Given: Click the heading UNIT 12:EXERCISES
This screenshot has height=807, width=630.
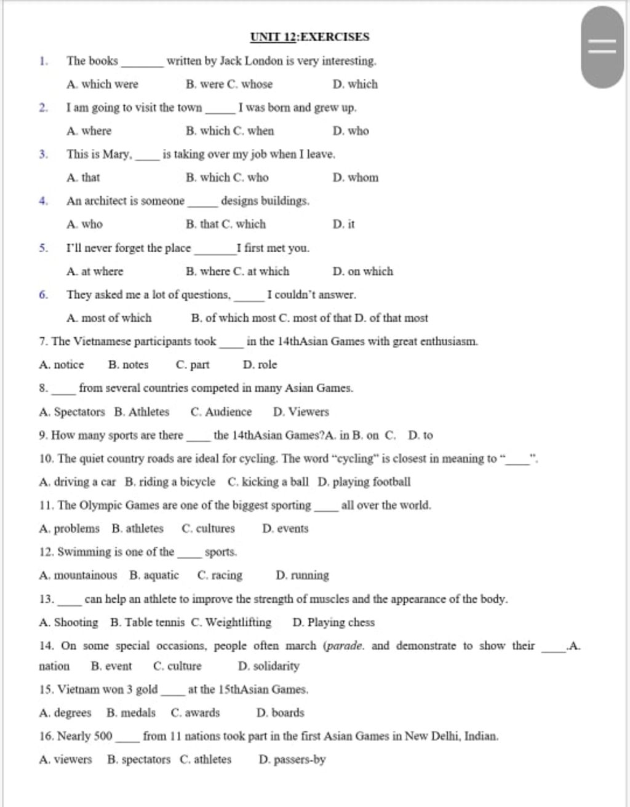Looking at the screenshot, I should pyautogui.click(x=309, y=37).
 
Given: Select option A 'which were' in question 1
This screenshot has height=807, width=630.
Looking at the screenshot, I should pyautogui.click(x=103, y=84).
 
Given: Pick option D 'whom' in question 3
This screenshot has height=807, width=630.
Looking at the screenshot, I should pyautogui.click(x=356, y=178).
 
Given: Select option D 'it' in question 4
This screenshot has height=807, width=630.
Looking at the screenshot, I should pyautogui.click(x=343, y=225).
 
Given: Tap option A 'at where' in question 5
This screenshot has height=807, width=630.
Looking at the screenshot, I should pyautogui.click(x=95, y=271).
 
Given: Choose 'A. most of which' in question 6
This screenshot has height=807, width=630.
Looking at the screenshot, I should pyautogui.click(x=109, y=318).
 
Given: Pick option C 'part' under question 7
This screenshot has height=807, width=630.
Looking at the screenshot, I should pyautogui.click(x=193, y=365).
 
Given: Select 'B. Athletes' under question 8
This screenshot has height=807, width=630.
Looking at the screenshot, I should pyautogui.click(x=142, y=412).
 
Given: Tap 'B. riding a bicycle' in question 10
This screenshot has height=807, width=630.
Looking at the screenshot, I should pyautogui.click(x=170, y=482).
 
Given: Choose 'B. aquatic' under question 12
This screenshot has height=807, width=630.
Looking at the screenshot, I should pyautogui.click(x=154, y=576).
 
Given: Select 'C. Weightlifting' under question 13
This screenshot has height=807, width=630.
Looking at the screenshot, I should pyautogui.click(x=231, y=622).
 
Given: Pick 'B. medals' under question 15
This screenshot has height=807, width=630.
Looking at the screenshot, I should pyautogui.click(x=131, y=713).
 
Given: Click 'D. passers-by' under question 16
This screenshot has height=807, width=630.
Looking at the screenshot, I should pyautogui.click(x=292, y=760).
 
